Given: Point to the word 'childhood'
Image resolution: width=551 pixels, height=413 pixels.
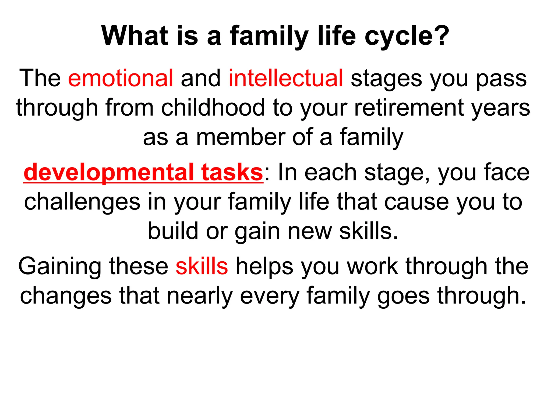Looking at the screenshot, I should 213,108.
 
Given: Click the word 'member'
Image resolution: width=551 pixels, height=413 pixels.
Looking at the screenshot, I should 241,137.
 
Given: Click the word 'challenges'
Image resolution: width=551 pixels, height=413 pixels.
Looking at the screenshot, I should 82,202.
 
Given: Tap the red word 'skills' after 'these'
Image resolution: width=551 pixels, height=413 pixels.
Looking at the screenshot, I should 202,266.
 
